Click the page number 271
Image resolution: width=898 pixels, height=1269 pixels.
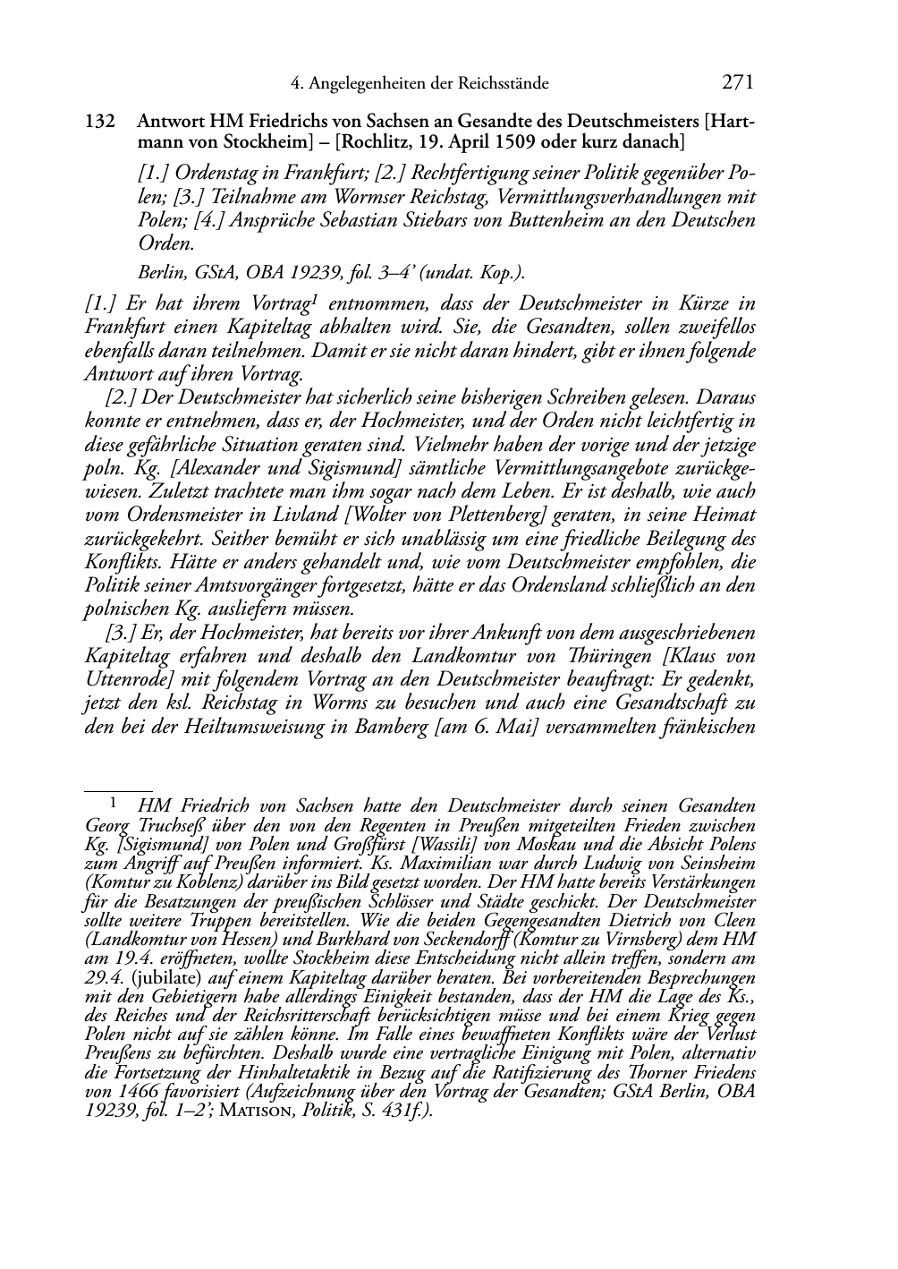click(737, 83)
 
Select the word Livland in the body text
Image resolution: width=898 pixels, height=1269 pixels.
click(275, 515)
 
